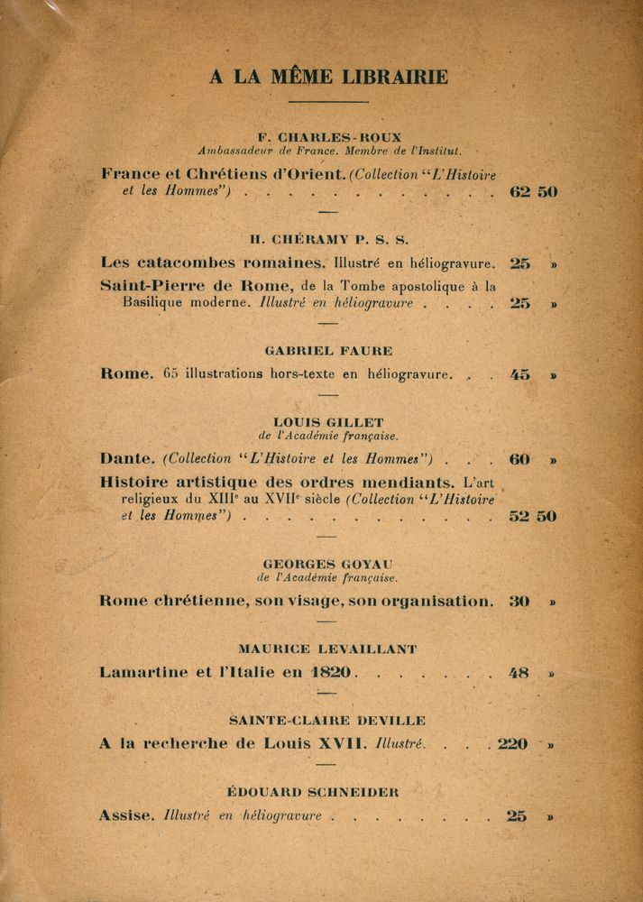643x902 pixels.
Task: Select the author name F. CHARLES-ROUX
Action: click(329, 137)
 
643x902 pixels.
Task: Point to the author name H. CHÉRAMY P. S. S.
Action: click(329, 239)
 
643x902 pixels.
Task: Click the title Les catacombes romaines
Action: click(213, 263)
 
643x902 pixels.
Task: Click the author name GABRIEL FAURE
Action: click(328, 350)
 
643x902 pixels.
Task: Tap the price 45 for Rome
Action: click(520, 374)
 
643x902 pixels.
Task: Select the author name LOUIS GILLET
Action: click(328, 421)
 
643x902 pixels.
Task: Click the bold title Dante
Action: click(126, 458)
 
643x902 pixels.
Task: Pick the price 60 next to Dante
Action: click(519, 458)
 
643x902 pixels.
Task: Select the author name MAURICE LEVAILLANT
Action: click(328, 649)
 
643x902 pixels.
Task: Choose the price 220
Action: click(513, 744)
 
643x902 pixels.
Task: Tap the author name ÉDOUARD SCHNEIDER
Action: click(326, 792)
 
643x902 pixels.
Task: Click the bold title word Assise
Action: click(125, 816)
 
